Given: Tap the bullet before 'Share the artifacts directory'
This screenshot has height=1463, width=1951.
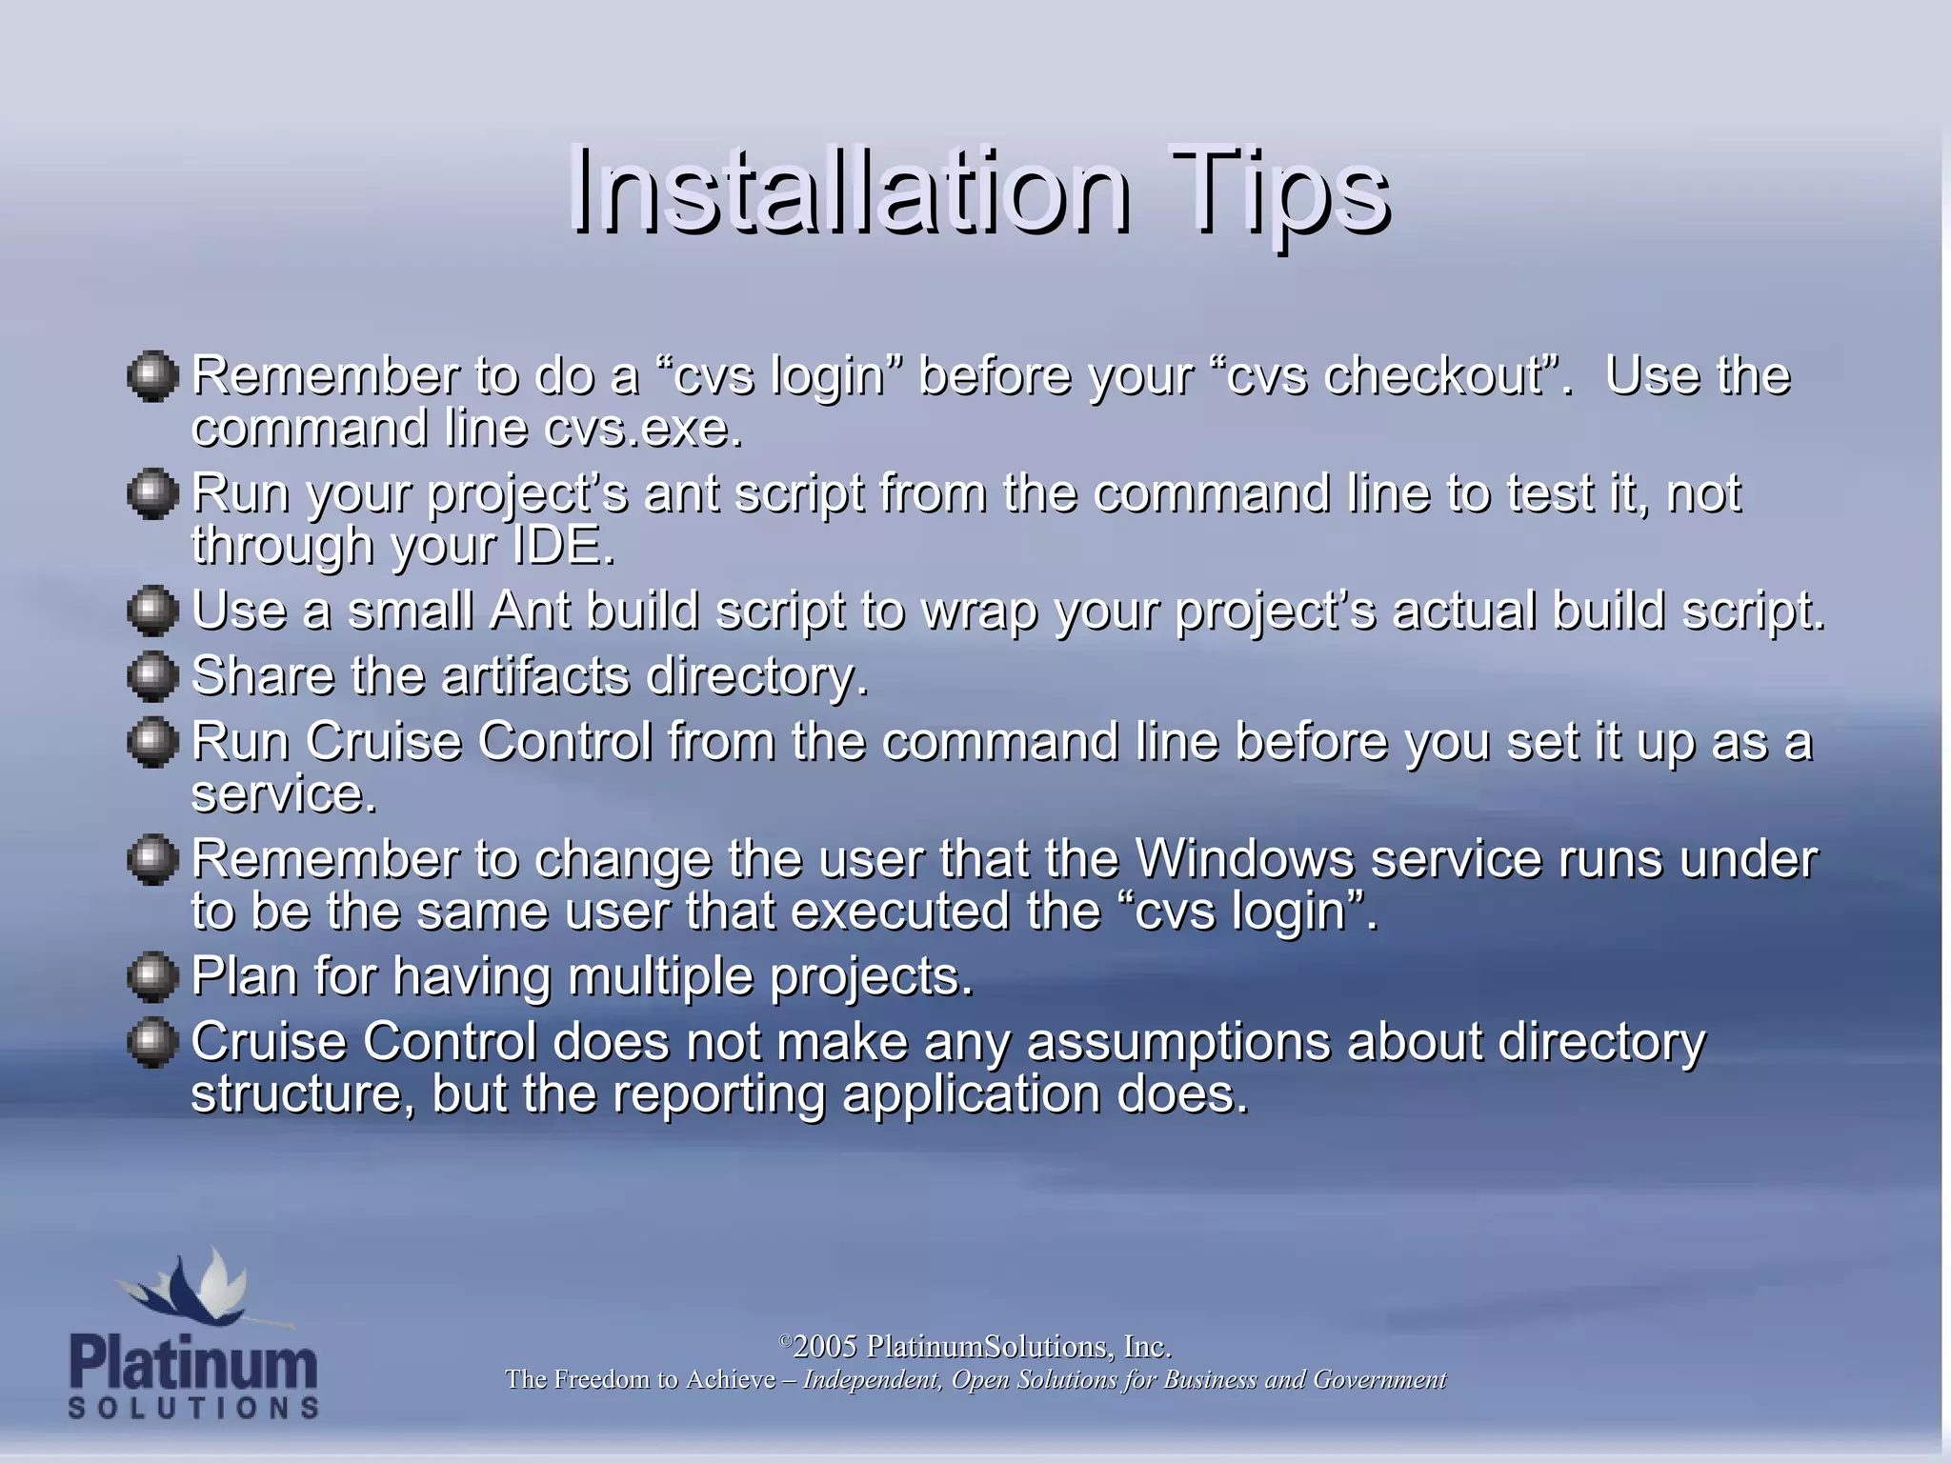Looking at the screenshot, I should tap(152, 675).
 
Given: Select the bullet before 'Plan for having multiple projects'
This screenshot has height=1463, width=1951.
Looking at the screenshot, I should tap(152, 976).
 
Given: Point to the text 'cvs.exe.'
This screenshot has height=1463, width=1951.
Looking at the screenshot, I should tap(643, 428).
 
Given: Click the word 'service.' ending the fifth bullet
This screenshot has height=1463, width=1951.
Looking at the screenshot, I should tap(284, 793).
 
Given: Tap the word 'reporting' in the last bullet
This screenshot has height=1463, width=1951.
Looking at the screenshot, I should tap(718, 1094).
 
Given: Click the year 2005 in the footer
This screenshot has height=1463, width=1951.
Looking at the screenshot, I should tap(825, 1346).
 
